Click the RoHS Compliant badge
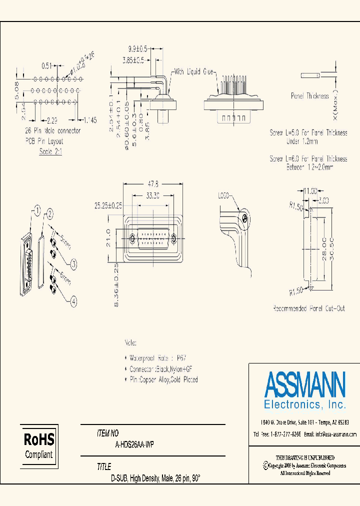tap(39, 446)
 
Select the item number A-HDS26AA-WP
tap(130, 444)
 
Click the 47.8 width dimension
tap(153, 183)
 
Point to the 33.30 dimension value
tap(153, 196)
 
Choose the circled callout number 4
tap(74, 301)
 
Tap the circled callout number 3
tap(74, 263)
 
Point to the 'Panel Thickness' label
tap(310, 96)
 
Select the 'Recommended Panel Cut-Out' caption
tap(308, 308)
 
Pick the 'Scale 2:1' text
tap(50, 151)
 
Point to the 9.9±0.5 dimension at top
tap(138, 49)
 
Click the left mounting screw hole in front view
tap(132, 238)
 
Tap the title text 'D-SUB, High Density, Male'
tap(155, 478)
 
